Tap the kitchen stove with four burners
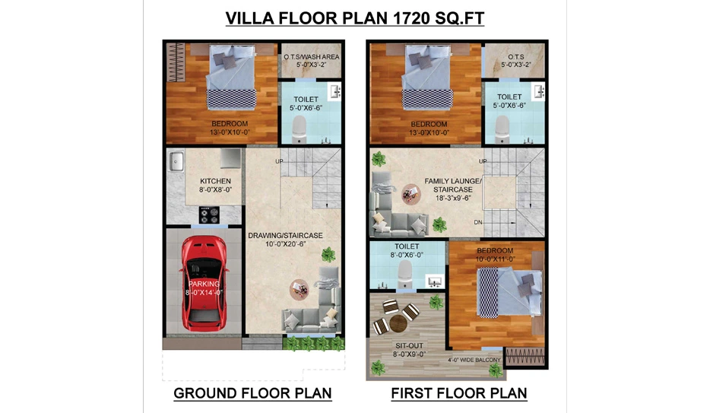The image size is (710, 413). click(x=209, y=215)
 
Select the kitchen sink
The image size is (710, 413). click(x=176, y=162)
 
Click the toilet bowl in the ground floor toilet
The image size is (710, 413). click(x=300, y=129)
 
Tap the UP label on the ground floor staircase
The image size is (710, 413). click(x=280, y=161)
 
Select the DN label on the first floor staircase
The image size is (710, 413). click(x=478, y=222)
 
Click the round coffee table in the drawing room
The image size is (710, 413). click(x=300, y=289)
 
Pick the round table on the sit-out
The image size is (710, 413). click(x=398, y=323)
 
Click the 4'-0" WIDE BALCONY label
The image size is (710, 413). click(x=474, y=360)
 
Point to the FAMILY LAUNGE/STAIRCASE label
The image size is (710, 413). click(x=453, y=186)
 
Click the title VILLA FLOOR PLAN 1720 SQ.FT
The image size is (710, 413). click(x=355, y=18)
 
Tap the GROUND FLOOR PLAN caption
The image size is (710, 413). click(x=252, y=393)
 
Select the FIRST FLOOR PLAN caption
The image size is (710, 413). click(x=459, y=393)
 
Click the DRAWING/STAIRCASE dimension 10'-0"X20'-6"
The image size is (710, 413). click(x=286, y=244)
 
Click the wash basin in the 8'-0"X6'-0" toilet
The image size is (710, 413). click(x=435, y=282)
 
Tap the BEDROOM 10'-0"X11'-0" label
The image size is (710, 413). click(x=495, y=255)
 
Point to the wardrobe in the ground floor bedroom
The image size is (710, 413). click(x=176, y=62)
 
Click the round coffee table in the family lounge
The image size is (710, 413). click(x=411, y=194)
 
